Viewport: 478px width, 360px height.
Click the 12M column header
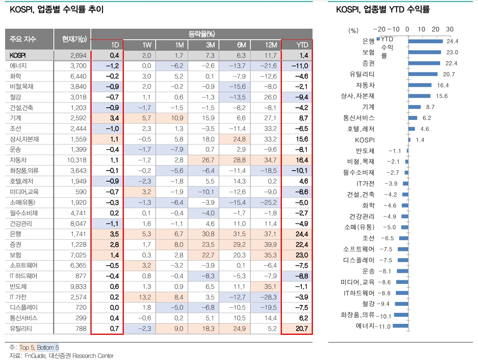pos(271,45)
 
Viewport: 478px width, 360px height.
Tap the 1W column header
pos(147,45)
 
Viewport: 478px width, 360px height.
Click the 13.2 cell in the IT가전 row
pos(146,297)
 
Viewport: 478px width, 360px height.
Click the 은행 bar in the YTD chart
pos(425,41)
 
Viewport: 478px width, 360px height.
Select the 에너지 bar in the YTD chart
pos(400,326)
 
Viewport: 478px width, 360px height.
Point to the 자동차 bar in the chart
pos(420,85)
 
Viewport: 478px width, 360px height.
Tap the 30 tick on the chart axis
pos(449,29)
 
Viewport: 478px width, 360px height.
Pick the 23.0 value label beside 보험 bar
pos(452,52)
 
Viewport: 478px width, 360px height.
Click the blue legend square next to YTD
pos(378,39)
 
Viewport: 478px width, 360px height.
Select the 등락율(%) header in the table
pos(202,34)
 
